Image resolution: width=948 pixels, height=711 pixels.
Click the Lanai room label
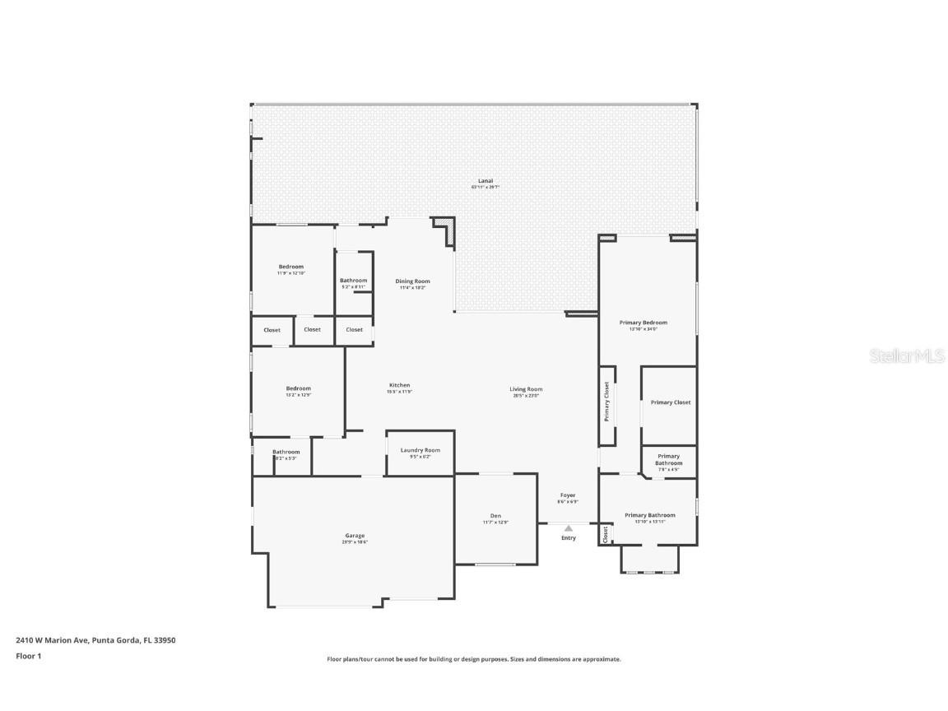[486, 181]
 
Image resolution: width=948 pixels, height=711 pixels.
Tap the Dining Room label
[412, 281]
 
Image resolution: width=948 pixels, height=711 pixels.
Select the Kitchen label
[399, 385]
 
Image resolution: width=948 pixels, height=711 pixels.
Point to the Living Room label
[526, 389]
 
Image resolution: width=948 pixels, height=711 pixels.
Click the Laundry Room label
[420, 450]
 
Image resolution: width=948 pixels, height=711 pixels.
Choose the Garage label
[355, 536]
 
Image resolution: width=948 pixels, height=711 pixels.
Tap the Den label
[495, 516]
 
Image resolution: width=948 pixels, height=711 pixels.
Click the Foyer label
[568, 495]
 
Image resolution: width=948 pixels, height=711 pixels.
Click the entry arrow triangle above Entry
[568, 528]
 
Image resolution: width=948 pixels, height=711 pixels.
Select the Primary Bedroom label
[644, 323]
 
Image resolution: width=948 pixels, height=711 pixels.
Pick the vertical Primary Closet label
[607, 402]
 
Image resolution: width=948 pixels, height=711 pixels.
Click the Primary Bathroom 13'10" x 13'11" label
[649, 515]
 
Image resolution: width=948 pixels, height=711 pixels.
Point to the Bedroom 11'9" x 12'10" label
[291, 267]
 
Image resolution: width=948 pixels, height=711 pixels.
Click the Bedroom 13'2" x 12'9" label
[298, 388]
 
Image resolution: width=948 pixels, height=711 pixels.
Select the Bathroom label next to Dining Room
[353, 281]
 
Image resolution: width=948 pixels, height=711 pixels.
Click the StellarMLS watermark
[902, 356]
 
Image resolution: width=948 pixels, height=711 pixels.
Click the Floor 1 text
[28, 656]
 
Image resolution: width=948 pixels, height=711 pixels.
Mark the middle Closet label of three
[312, 329]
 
